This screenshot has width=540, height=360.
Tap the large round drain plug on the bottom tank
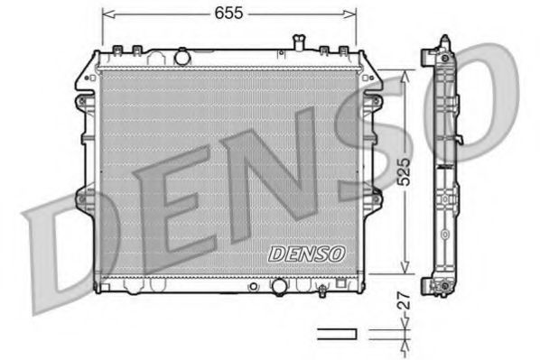pos(279,288)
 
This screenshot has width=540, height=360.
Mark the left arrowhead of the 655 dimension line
pos(107,13)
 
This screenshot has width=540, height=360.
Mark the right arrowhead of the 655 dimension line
pos(351,13)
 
